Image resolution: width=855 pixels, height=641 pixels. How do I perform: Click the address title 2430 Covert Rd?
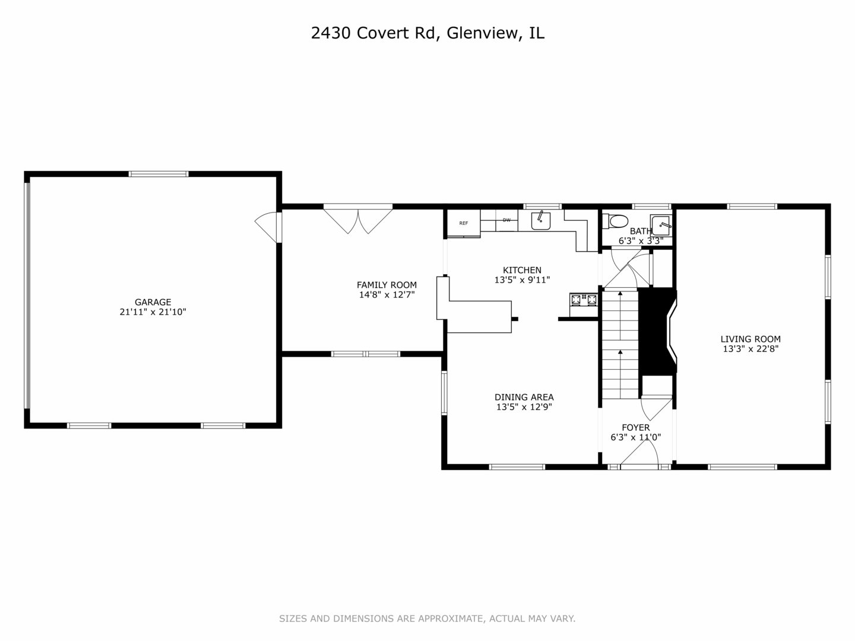427,33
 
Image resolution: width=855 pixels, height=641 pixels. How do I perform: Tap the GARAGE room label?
153,302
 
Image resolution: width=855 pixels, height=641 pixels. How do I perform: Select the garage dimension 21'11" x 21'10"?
153,312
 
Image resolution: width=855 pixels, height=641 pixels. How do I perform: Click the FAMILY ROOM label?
387,285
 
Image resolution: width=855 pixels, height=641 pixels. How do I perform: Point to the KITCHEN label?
522,270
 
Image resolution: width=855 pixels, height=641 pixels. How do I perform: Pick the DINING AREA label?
524,397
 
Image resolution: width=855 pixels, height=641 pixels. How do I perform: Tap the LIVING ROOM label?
750,339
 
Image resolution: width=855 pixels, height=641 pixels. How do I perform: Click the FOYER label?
635,427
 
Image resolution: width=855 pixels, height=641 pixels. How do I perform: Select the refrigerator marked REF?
463,223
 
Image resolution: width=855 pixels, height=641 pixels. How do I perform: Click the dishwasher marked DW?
506,220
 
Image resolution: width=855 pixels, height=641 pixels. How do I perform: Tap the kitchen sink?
541,220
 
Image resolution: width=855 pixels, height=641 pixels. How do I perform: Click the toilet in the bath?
615,221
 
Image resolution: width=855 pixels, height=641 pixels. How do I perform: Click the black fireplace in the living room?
657,331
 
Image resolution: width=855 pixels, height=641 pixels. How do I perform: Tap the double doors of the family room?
358,219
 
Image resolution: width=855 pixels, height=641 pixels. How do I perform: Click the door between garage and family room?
268,226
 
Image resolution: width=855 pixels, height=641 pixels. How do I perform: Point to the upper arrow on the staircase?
620,295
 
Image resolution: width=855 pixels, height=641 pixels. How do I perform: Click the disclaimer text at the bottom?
427,618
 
